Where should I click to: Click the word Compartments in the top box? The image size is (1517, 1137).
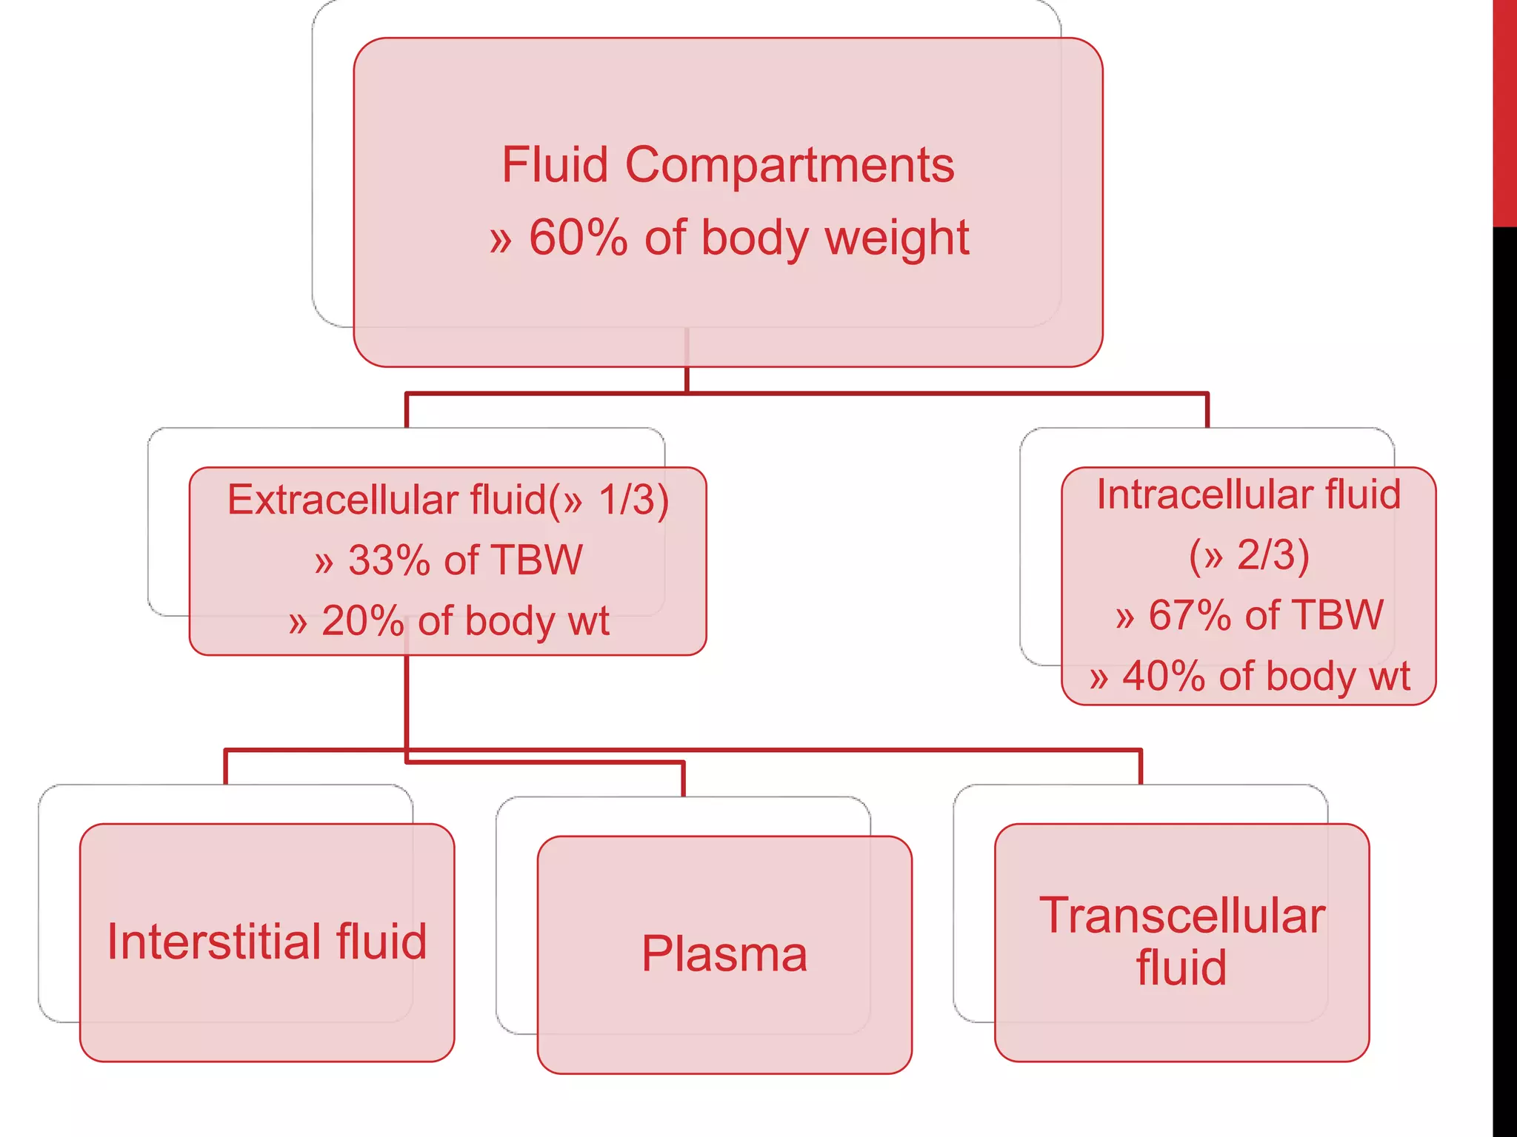(790, 166)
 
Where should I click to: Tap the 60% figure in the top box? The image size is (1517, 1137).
(578, 238)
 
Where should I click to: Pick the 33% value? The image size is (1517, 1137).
(388, 560)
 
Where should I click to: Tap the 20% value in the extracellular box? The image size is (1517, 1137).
(362, 621)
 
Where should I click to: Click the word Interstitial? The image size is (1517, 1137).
(214, 942)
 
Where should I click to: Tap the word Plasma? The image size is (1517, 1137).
(724, 954)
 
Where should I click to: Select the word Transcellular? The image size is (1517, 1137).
(1181, 916)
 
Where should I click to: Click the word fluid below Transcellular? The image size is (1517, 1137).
(1181, 968)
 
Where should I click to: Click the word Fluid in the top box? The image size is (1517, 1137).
(555, 166)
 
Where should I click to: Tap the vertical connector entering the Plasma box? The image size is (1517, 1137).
(683, 780)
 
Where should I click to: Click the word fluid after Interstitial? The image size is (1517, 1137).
(381, 942)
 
